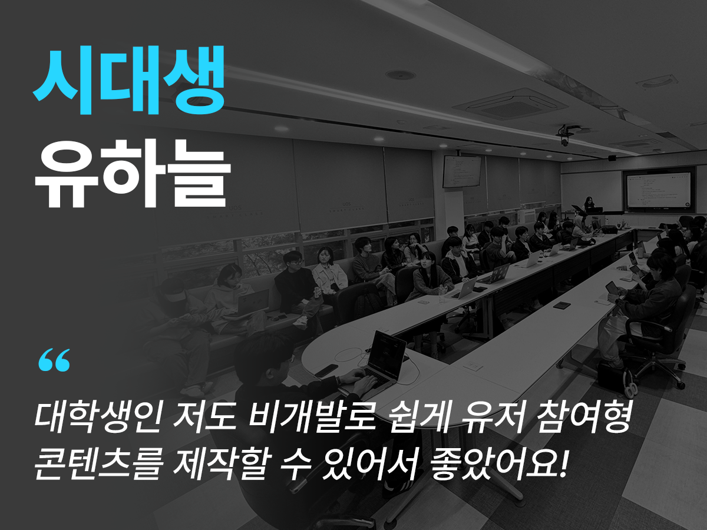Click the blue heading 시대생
coord(129,80)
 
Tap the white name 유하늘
coord(133,174)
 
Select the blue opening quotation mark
coord(54,360)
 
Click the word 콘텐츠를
coord(98,466)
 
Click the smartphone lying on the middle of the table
coord(561,305)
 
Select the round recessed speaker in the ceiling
coord(401,75)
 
